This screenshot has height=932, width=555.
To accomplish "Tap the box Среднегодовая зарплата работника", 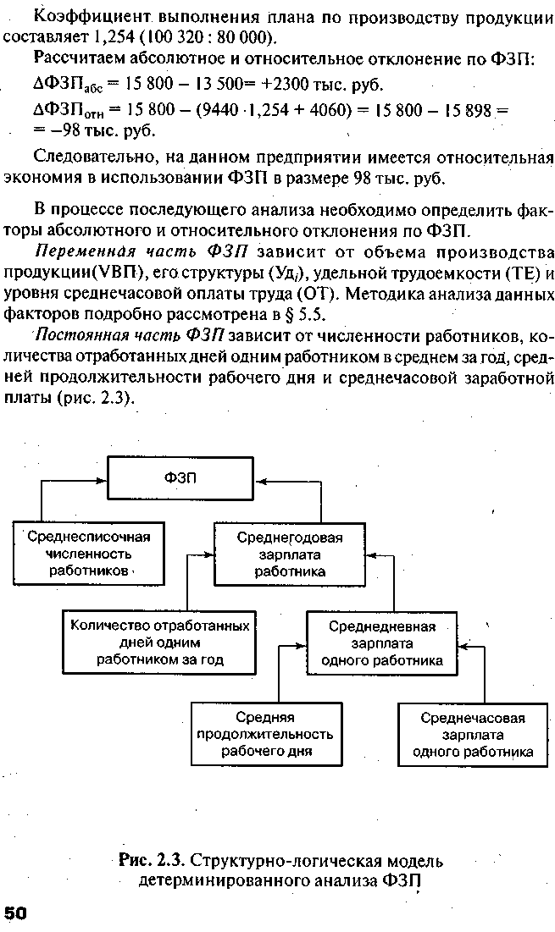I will click(290, 554).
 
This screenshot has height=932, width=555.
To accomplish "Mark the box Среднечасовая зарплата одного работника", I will click(473, 734).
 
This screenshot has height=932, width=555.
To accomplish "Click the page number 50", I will click(17, 912).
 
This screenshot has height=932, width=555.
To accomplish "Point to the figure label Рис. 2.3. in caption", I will click(153, 862).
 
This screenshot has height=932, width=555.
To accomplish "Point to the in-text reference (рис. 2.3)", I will click(102, 398).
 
